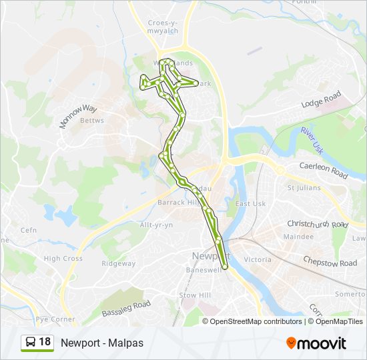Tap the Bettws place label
point(92,121)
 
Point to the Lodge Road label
point(321,99)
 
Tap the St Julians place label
point(304,188)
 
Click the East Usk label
point(250,203)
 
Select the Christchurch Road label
point(317,225)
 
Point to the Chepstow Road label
point(330,263)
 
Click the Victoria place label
point(258,259)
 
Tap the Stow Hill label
point(194,294)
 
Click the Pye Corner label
point(55,319)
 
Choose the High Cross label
point(63,259)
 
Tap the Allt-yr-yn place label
point(156,225)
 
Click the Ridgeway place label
point(118,263)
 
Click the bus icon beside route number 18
point(30,343)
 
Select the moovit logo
point(316,343)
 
